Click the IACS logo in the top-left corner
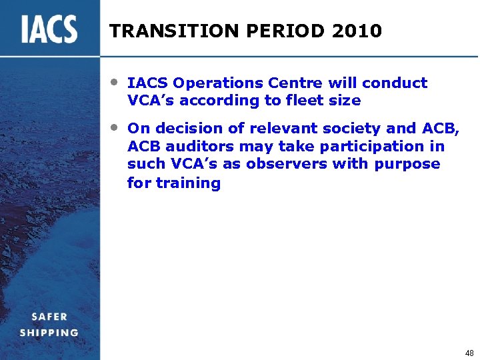[x=49, y=29]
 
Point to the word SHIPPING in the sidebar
[x=49, y=333]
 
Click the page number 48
[x=469, y=353]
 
